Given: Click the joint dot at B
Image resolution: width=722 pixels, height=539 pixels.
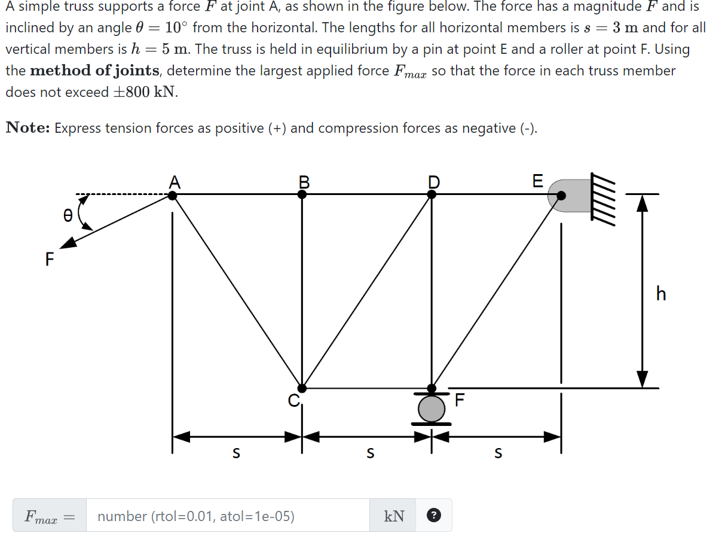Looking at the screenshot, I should (x=302, y=194).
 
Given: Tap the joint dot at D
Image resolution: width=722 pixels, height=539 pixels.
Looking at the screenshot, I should (x=432, y=194).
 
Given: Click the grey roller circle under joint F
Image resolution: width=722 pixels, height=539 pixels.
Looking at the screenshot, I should (x=432, y=409).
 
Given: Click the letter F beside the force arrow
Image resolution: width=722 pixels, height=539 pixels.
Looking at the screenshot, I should (x=49, y=259).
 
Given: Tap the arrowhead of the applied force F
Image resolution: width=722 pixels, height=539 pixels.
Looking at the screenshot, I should (x=68, y=242).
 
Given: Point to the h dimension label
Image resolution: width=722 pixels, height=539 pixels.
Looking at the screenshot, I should (x=660, y=294).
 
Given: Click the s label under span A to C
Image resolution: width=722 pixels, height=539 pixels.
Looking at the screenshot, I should (x=236, y=454).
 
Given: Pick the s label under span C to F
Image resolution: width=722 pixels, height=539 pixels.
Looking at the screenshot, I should (x=370, y=454).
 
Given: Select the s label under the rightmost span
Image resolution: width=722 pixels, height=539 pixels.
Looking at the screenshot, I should (x=498, y=454).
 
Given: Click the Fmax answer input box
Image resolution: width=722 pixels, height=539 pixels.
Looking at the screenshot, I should (x=227, y=516).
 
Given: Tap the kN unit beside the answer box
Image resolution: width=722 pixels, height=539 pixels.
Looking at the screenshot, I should (x=394, y=516).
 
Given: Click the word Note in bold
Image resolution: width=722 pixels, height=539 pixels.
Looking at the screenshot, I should (x=27, y=128).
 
